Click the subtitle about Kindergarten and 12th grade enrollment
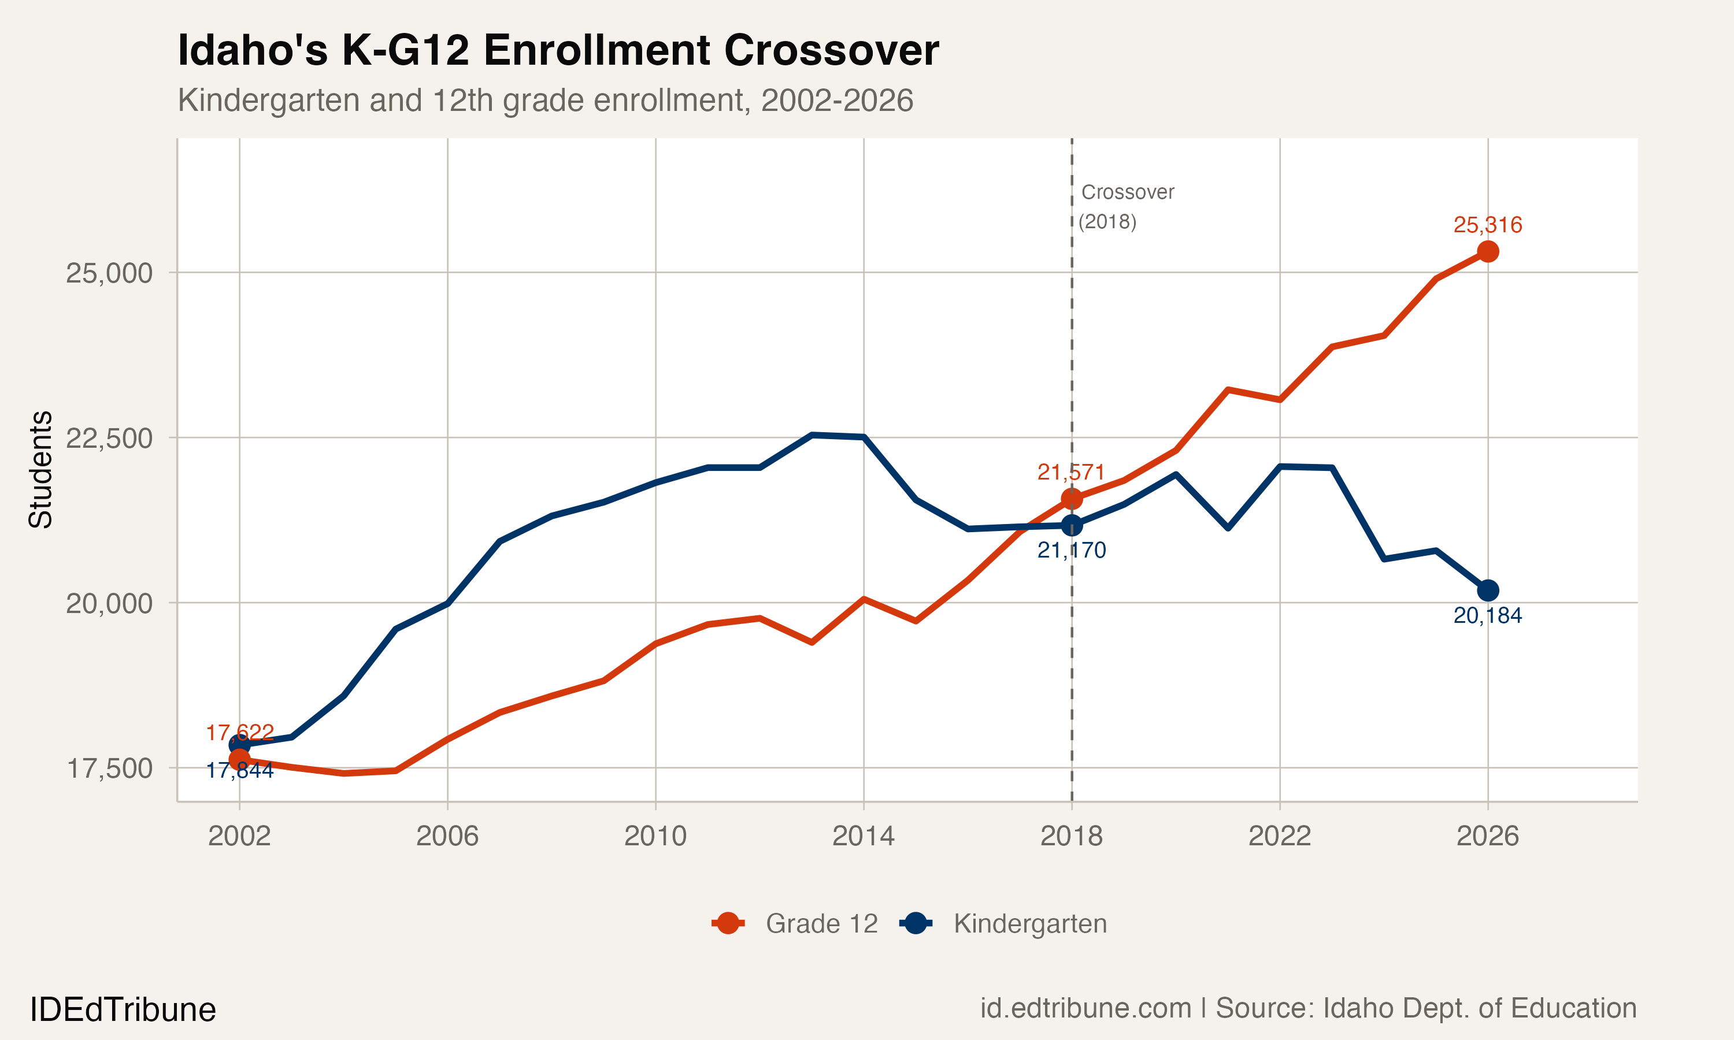tap(545, 100)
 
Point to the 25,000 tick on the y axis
tap(109, 273)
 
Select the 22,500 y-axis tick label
tap(109, 438)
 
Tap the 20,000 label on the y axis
tap(109, 603)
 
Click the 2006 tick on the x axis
tap(447, 836)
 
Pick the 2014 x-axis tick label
tap(863, 836)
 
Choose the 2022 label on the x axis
tap(1279, 836)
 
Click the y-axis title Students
tap(40, 470)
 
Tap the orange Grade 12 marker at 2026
tap(1487, 251)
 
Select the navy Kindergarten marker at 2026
tap(1487, 591)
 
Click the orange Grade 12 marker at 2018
tap(1072, 499)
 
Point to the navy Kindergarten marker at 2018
tap(1072, 525)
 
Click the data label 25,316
tap(1487, 225)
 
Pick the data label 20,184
tap(1487, 616)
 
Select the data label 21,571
tap(1071, 473)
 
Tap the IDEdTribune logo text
tap(123, 1010)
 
